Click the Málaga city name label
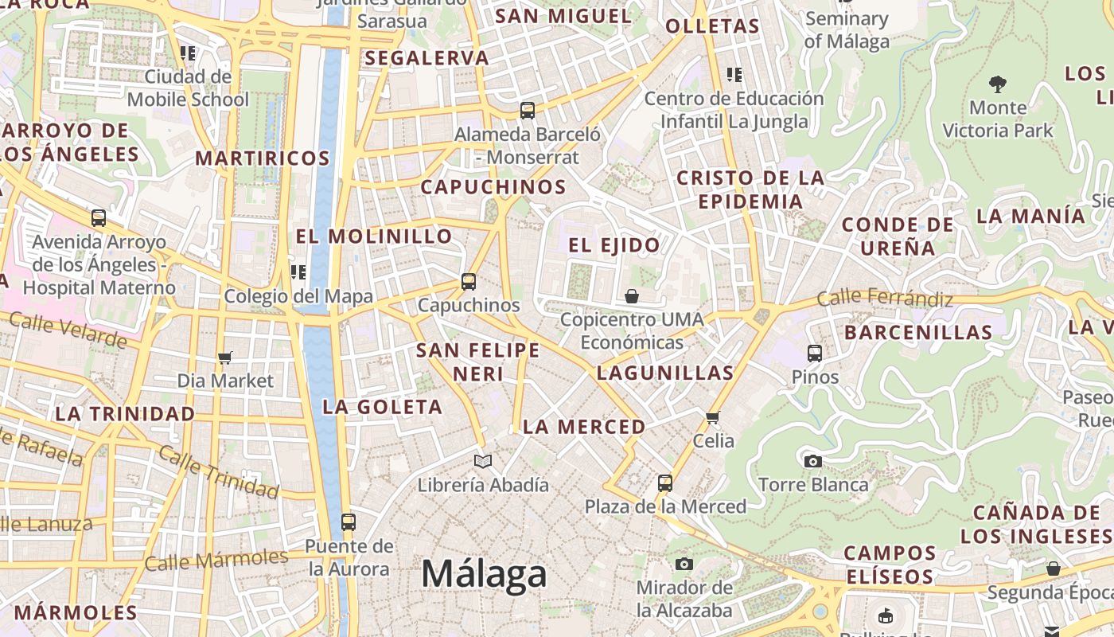[x=484, y=573]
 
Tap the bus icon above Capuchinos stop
[x=469, y=281]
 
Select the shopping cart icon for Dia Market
[x=225, y=358]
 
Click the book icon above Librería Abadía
[x=483, y=461]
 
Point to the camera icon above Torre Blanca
[x=812, y=461]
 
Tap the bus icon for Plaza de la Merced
[x=665, y=483]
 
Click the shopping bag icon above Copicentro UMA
[x=632, y=296]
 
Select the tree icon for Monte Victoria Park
[x=997, y=84]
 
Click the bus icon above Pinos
[x=815, y=353]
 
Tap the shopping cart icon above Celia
[x=713, y=417]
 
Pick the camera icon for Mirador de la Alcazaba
[x=684, y=564]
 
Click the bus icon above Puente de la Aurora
[x=349, y=522]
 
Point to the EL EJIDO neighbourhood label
[x=614, y=245]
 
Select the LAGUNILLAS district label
[x=665, y=373]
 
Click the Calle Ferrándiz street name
[x=885, y=299]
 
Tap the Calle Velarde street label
[x=68, y=329]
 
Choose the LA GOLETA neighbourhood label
[x=382, y=407]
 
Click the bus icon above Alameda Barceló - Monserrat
[x=528, y=110]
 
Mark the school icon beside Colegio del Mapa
[x=298, y=272]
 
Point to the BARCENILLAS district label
[x=918, y=332]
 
